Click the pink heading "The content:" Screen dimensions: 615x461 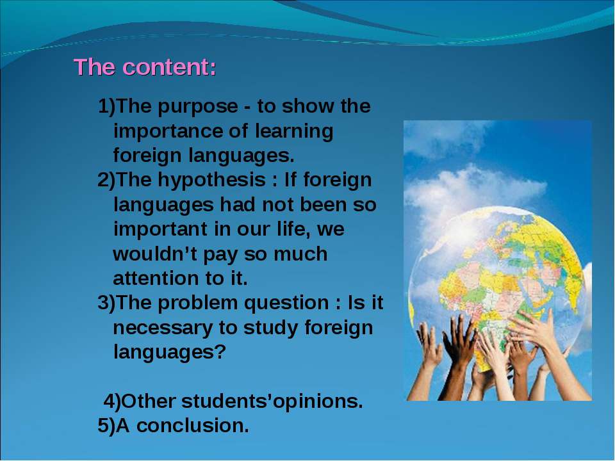point(145,67)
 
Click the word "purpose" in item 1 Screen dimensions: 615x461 point(198,108)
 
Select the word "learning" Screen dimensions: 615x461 point(294,132)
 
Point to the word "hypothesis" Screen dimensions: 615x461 point(212,181)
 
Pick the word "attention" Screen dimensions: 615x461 point(156,279)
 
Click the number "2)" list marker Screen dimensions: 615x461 point(106,181)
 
